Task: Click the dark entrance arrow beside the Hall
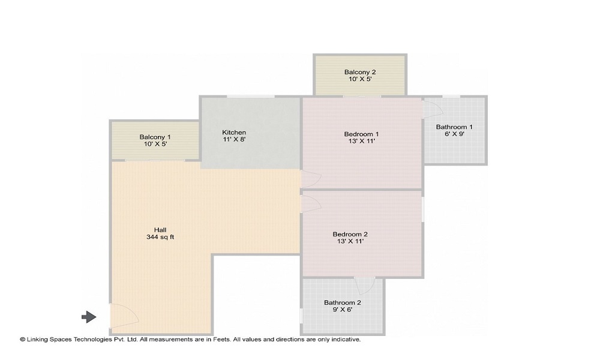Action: [x=89, y=317]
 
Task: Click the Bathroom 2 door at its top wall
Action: [x=364, y=285]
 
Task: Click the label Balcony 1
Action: [x=155, y=137]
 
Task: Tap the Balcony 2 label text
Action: [x=360, y=72]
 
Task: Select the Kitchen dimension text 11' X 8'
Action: [x=234, y=140]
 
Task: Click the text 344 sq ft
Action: [x=160, y=237]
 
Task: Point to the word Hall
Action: [x=160, y=230]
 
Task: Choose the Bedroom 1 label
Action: [x=361, y=134]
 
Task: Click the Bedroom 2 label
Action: [x=350, y=234]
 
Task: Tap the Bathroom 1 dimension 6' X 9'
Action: [x=454, y=134]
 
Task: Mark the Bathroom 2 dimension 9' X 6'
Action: [x=343, y=310]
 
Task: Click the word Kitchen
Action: [x=234, y=133]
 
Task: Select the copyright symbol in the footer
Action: [x=22, y=340]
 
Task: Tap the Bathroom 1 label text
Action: [x=454, y=127]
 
